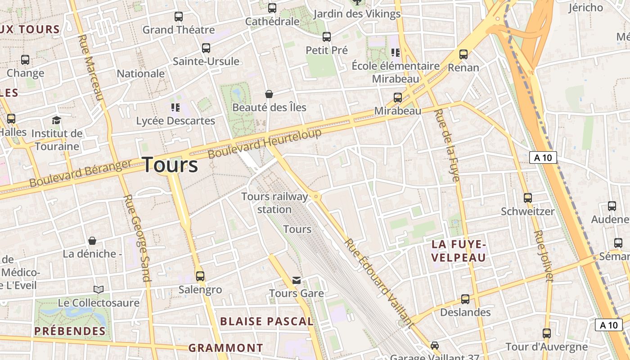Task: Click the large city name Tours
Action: click(x=171, y=165)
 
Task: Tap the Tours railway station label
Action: click(x=274, y=203)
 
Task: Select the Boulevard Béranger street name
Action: click(x=81, y=173)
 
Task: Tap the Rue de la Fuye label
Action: click(x=447, y=145)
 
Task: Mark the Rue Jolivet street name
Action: click(x=543, y=256)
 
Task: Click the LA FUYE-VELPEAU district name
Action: click(x=459, y=251)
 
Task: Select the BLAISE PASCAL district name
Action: click(x=266, y=321)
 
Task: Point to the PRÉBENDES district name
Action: click(x=70, y=331)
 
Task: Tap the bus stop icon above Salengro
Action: click(x=200, y=276)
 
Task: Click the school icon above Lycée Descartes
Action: click(x=175, y=107)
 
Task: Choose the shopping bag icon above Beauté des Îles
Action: click(x=269, y=94)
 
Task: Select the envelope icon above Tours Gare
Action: click(x=296, y=280)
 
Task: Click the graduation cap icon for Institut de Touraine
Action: click(x=56, y=120)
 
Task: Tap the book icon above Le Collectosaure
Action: click(x=99, y=289)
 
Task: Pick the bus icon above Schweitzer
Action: click(x=528, y=198)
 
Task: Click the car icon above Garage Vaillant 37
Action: click(x=435, y=345)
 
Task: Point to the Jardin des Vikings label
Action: click(x=357, y=14)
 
